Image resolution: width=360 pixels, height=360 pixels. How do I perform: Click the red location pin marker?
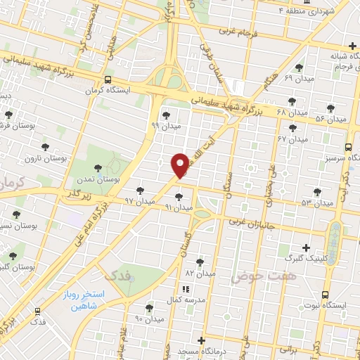[180, 165]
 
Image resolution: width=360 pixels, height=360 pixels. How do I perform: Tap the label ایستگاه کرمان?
[108, 90]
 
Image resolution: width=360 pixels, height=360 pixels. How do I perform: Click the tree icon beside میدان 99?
[165, 115]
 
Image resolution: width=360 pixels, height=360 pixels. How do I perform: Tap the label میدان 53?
[316, 202]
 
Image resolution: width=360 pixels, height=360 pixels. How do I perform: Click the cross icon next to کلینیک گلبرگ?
[305, 247]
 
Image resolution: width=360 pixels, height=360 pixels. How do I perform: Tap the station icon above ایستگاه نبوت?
[325, 295]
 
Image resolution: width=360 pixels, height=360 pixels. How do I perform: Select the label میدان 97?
[139, 200]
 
